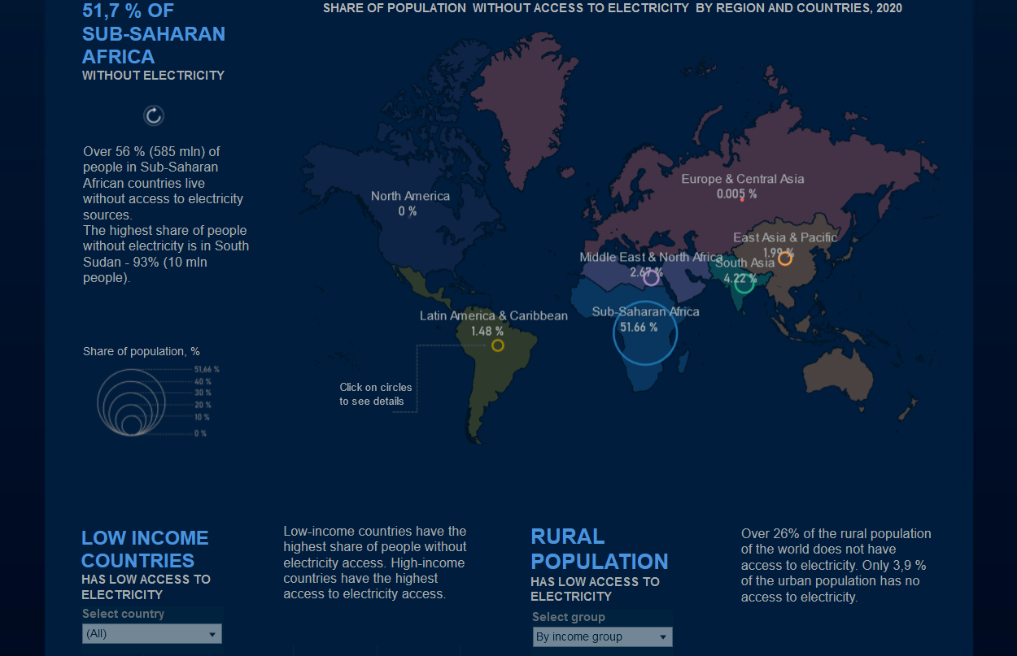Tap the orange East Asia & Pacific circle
pyautogui.click(x=785, y=258)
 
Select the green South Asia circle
pyautogui.click(x=744, y=283)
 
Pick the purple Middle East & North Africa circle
pyautogui.click(x=651, y=278)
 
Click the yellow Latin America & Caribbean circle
pyautogui.click(x=498, y=345)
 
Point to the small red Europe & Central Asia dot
pyautogui.click(x=742, y=200)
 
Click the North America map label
pyautogui.click(x=410, y=196)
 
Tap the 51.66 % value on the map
pyautogui.click(x=639, y=327)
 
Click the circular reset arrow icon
pyautogui.click(x=154, y=115)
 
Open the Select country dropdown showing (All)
pyautogui.click(x=152, y=633)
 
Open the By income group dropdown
pyautogui.click(x=602, y=636)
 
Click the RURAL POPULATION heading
pyautogui.click(x=599, y=549)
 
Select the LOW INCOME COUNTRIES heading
pyautogui.click(x=145, y=549)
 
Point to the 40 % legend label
pyautogui.click(x=203, y=381)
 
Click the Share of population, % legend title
pyautogui.click(x=142, y=351)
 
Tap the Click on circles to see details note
pyautogui.click(x=376, y=394)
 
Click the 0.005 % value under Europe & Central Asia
pyautogui.click(x=736, y=194)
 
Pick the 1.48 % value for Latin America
pyautogui.click(x=487, y=332)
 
